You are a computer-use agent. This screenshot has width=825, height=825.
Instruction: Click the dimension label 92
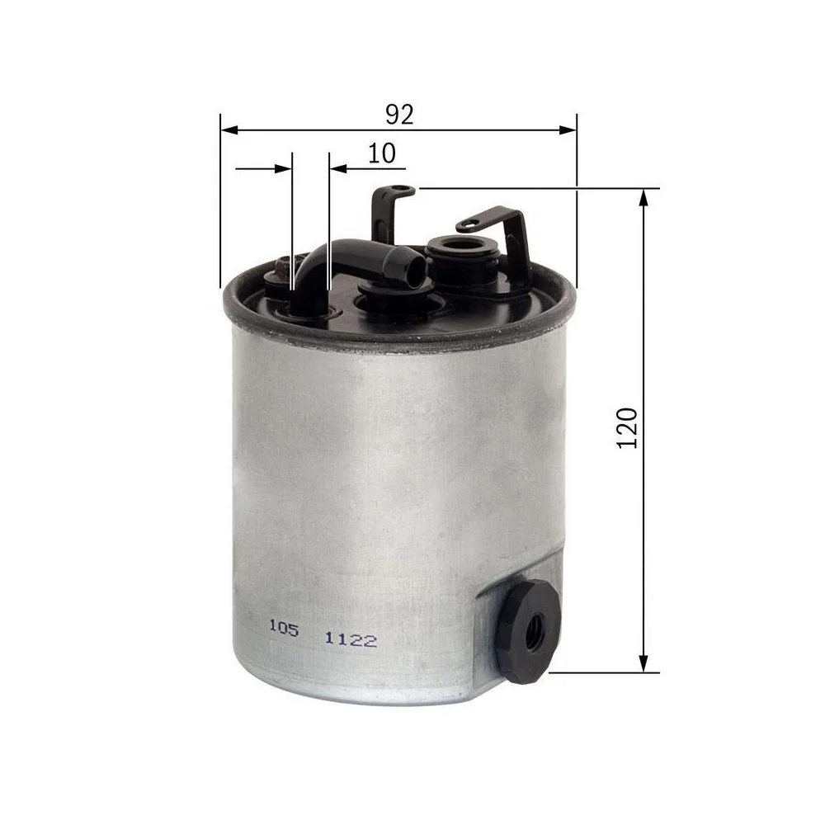click(x=399, y=114)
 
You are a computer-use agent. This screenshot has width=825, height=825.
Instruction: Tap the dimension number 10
click(x=381, y=153)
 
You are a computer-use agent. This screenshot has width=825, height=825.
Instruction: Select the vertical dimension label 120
click(x=627, y=427)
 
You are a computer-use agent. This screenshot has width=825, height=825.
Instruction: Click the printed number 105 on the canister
click(x=284, y=628)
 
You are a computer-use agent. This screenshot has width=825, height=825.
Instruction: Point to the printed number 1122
click(x=351, y=640)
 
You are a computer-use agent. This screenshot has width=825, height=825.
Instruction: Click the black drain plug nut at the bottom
click(x=528, y=631)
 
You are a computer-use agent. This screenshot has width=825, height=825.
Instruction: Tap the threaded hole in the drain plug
click(x=534, y=629)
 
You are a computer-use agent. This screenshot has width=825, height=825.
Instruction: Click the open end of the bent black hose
click(x=416, y=268)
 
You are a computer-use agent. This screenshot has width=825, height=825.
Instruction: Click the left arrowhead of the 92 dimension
click(x=230, y=130)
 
